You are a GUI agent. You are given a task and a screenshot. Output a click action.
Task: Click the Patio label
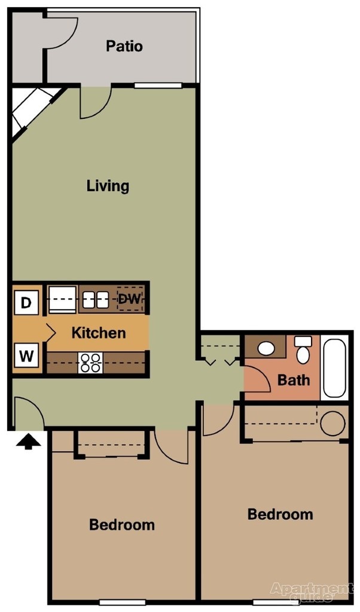pyautogui.click(x=124, y=46)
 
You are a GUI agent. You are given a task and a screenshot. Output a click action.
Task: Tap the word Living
pyautogui.click(x=108, y=185)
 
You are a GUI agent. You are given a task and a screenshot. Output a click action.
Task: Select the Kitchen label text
pyautogui.click(x=99, y=333)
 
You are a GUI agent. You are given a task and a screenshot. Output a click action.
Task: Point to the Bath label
pyautogui.click(x=294, y=380)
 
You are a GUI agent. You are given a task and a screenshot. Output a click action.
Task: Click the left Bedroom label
pyautogui.click(x=122, y=525)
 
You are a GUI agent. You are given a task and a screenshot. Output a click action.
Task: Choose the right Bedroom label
pyautogui.click(x=280, y=514)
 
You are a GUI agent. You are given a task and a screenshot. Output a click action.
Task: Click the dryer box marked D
pyautogui.click(x=26, y=302)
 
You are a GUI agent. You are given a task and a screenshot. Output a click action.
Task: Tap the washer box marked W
pyautogui.click(x=26, y=357)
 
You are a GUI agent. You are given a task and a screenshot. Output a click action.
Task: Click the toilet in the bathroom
pyautogui.click(x=303, y=351)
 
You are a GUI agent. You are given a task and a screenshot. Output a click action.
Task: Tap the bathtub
pyautogui.click(x=334, y=368)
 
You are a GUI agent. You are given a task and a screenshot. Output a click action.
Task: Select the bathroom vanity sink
pyautogui.click(x=267, y=347)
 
